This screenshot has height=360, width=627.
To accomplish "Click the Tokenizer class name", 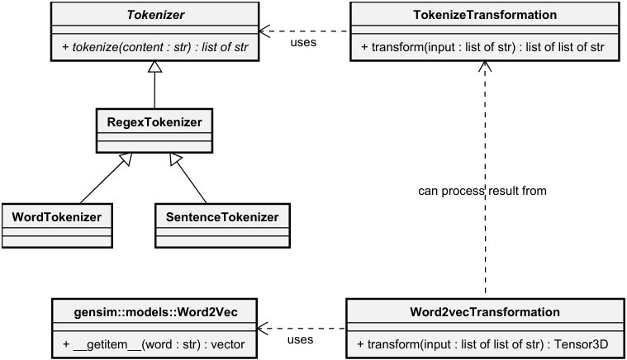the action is [x=155, y=15].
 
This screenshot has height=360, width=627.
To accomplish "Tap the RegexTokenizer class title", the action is [x=154, y=122].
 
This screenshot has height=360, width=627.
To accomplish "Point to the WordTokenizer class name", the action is [x=56, y=217].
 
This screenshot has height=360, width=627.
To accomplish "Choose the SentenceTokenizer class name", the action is [x=222, y=217].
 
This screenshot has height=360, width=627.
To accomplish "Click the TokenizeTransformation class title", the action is [x=485, y=15].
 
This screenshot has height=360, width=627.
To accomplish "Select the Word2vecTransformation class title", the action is [x=485, y=311].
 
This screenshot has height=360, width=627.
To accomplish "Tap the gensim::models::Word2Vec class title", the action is [x=155, y=312].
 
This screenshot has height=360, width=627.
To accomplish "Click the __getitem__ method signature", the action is [x=154, y=344].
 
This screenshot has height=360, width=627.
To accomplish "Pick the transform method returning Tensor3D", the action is [x=482, y=344].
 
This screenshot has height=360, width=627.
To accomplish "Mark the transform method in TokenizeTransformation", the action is [x=482, y=47].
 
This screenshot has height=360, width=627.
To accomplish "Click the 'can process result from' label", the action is [x=482, y=191].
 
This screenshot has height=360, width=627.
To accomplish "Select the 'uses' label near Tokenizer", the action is [x=303, y=42].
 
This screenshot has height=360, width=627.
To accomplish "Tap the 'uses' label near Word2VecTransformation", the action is [x=300, y=339].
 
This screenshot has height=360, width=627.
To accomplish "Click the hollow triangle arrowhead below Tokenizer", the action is [x=154, y=67].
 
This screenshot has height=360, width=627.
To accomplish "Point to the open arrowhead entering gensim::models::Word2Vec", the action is [x=263, y=329].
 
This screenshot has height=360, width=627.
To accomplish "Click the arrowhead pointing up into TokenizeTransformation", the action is [x=485, y=66].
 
